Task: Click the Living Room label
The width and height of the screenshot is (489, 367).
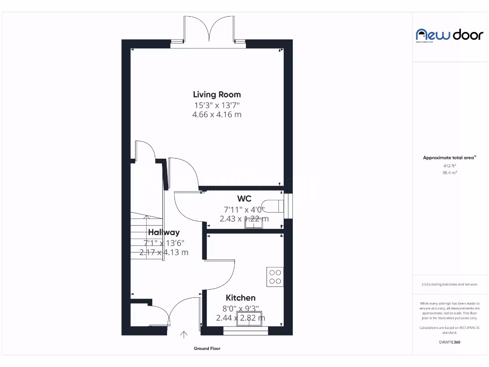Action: [x=217, y=95]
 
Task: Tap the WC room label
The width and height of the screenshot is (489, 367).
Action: [x=244, y=199]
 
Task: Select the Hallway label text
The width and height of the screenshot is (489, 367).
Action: [x=164, y=233]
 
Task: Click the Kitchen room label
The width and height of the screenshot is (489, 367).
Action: [x=241, y=298]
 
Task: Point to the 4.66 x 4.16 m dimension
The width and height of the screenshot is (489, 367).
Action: [x=217, y=115]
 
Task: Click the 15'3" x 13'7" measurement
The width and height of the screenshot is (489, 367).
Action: [x=217, y=105]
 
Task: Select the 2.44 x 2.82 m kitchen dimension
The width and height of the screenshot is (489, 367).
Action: [x=241, y=318]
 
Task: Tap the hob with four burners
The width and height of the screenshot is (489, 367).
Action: [x=275, y=277]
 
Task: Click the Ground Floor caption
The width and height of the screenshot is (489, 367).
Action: [x=207, y=349]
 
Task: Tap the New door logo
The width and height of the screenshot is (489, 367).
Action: [x=449, y=35]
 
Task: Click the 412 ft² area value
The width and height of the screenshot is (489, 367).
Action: [x=449, y=166]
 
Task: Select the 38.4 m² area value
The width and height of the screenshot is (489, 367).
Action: [x=449, y=173]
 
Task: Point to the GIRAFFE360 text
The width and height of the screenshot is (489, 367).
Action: [x=449, y=342]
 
